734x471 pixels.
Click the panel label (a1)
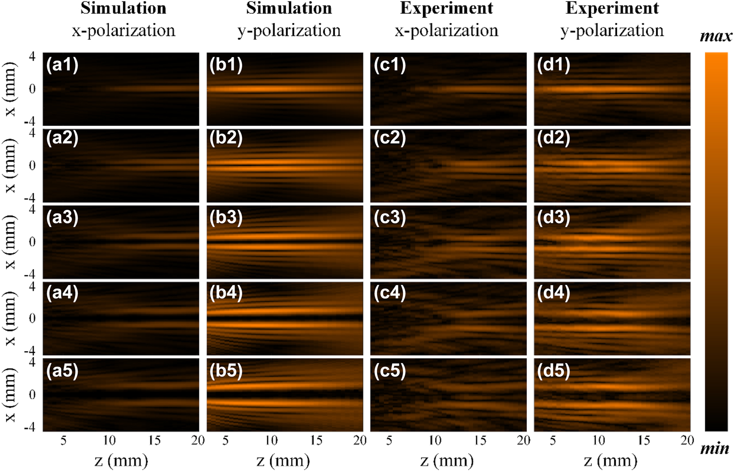[x=62, y=65]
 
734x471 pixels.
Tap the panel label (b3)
[x=226, y=218]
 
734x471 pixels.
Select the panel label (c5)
[x=390, y=371]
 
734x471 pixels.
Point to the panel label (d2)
[x=553, y=138]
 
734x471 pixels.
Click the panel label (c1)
[x=390, y=65]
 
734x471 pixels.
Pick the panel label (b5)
[x=226, y=371]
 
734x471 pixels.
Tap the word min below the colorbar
[x=715, y=449]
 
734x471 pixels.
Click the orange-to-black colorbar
[x=716, y=241]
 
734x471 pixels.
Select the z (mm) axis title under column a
[x=121, y=461]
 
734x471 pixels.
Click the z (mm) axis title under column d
[x=611, y=461]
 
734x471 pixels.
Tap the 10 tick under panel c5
[x=435, y=440]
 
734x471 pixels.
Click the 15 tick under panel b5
[x=316, y=440]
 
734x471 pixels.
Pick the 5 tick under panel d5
[x=553, y=440]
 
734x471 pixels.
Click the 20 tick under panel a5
[x=198, y=440]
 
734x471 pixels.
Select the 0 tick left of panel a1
[x=32, y=89]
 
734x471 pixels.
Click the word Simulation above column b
[x=289, y=8]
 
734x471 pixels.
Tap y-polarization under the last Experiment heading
[x=612, y=31]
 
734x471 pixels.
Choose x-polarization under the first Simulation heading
[x=123, y=31]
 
